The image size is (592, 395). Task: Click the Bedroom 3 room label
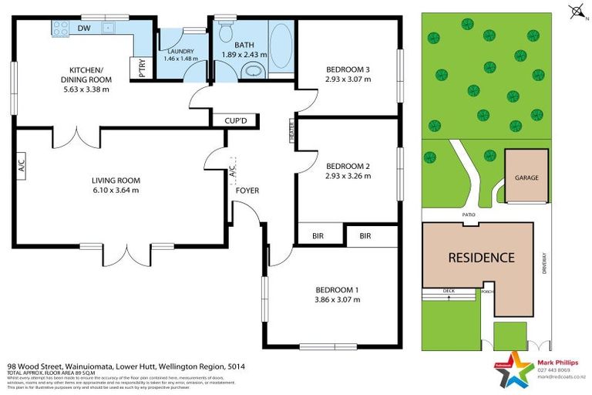click(x=348, y=69)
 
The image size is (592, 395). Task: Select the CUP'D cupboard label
click(x=234, y=120)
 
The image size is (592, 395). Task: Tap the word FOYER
click(x=247, y=190)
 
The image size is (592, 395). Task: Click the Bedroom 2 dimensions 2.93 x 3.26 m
click(x=348, y=176)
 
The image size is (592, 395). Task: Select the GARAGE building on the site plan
click(x=526, y=177)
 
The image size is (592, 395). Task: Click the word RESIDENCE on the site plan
click(x=481, y=258)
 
